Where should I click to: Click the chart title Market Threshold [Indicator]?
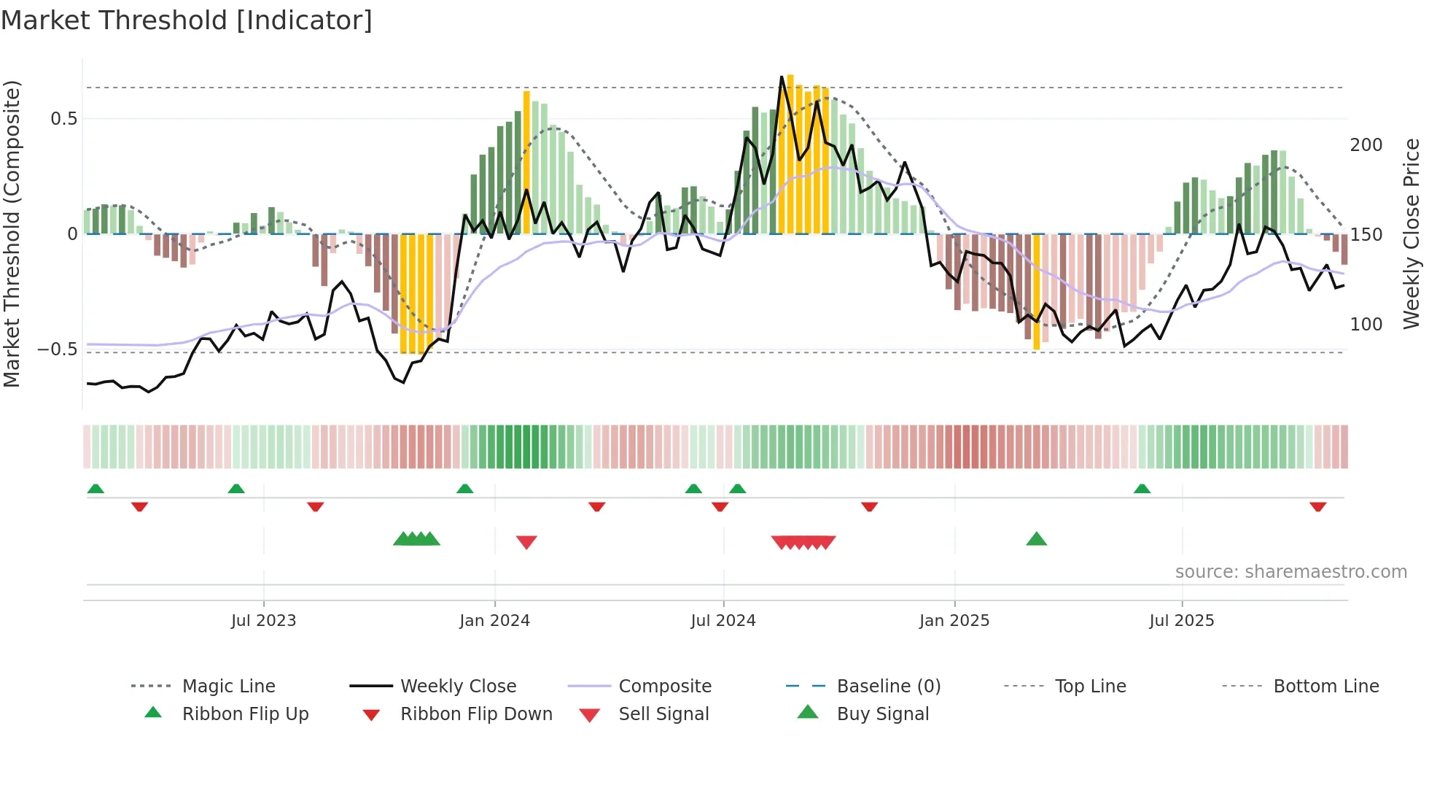pyautogui.click(x=187, y=20)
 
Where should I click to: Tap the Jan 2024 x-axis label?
pyautogui.click(x=494, y=621)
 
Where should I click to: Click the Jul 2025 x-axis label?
pyautogui.click(x=1181, y=621)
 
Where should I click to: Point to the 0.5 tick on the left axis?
pyautogui.click(x=63, y=119)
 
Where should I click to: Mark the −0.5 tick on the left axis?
pyautogui.click(x=58, y=349)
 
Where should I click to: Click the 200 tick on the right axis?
pyautogui.click(x=1366, y=145)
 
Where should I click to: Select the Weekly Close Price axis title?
pyautogui.click(x=1412, y=233)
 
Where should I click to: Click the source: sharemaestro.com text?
pyautogui.click(x=1290, y=572)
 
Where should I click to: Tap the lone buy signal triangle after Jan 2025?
pyautogui.click(x=1036, y=540)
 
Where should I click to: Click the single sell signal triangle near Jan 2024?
pyautogui.click(x=526, y=542)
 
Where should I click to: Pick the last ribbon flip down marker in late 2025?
pyautogui.click(x=1317, y=507)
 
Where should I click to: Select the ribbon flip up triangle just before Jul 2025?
pyautogui.click(x=1142, y=489)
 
